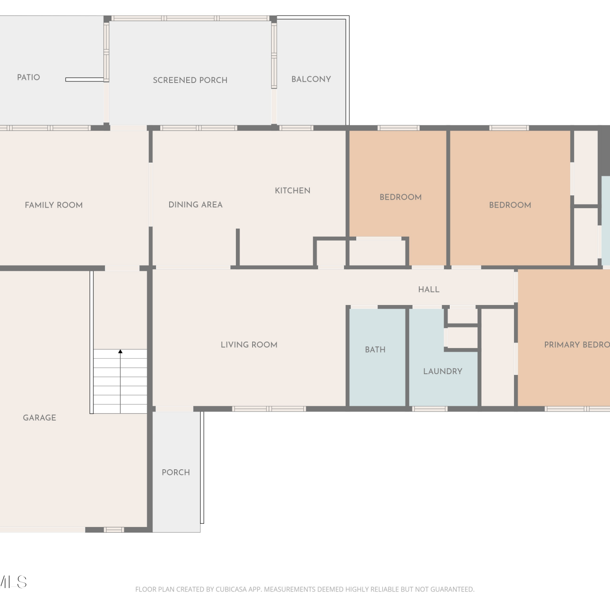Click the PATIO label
pos(28,77)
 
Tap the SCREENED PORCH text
pos(190,80)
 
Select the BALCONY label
pos(311,79)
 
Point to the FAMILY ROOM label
pos(54,205)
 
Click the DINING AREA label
pos(196,205)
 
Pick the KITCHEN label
pos(292,190)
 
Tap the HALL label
pos(429,290)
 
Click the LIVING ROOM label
pos(249,345)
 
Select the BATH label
pos(375,350)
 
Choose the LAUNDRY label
pos(443,371)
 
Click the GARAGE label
pos(39,418)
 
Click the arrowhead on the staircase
pos(120,351)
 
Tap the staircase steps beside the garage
pos(120,381)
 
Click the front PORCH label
pos(176,473)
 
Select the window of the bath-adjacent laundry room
pos(430,409)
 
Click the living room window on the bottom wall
pos(269,409)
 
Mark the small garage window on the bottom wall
pos(114,529)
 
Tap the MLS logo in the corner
pos(13,582)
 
